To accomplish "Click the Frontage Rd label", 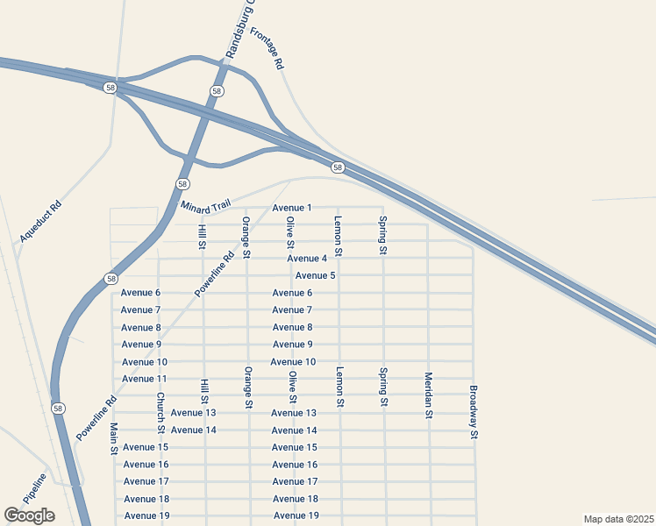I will (267, 48).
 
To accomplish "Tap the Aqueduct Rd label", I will (40, 222).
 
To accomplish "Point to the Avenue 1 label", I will (292, 208).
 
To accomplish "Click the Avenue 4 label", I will (307, 259).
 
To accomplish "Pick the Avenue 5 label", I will (316, 275).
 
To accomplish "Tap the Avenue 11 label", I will (145, 379).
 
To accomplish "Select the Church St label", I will (161, 412).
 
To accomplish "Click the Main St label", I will (114, 438).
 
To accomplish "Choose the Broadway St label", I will (474, 412).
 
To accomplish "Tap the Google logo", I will (29, 515).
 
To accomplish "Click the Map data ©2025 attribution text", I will (618, 519).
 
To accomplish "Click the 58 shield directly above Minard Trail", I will (182, 184).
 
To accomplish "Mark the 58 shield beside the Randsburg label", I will (217, 91).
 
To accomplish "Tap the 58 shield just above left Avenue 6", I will (111, 279).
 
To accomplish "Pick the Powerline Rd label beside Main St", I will (96, 419).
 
